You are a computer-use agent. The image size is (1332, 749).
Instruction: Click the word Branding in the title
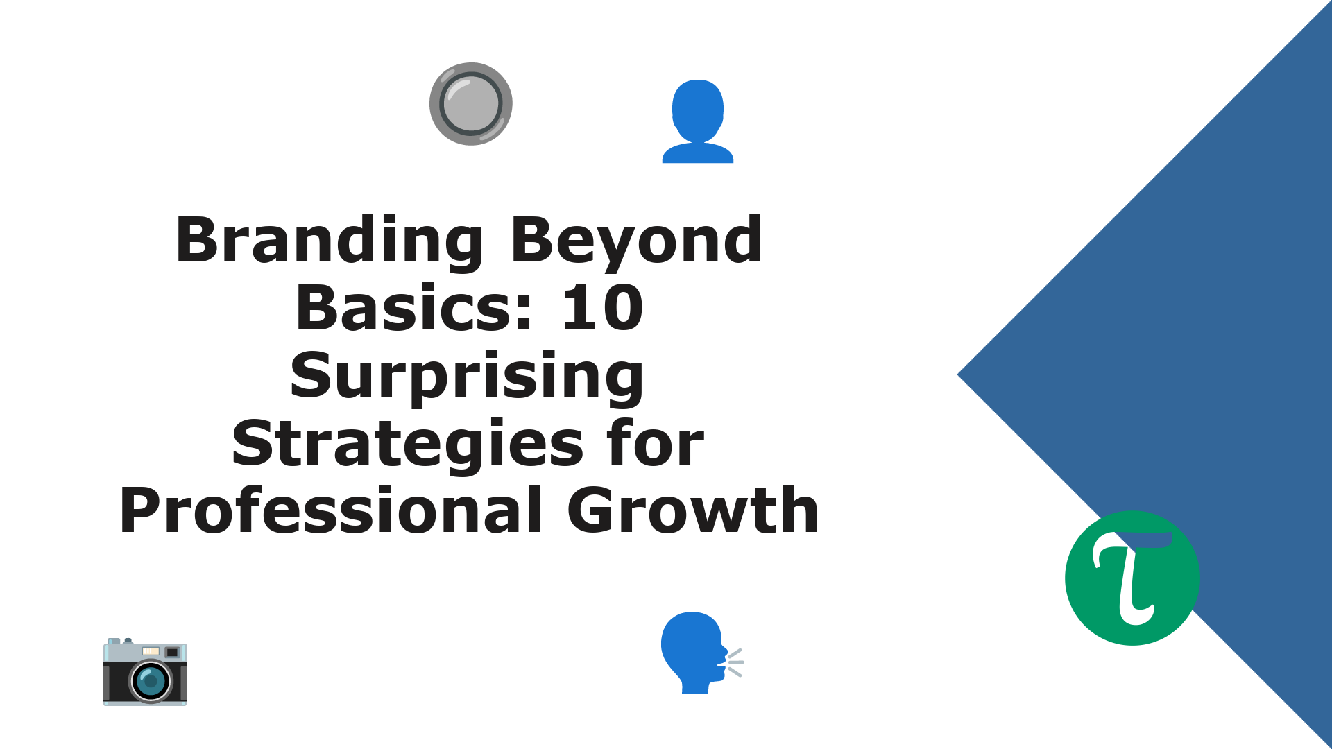[330, 241]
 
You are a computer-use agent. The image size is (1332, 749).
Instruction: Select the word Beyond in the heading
[637, 241]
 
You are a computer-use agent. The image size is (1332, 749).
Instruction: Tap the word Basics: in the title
[414, 308]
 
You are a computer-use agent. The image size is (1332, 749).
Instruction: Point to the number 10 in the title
[602, 308]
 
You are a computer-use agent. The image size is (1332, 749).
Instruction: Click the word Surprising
[467, 377]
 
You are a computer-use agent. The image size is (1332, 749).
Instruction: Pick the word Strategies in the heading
[408, 445]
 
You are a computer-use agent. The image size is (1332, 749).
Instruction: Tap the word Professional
[331, 510]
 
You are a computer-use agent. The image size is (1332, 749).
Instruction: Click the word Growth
[693, 510]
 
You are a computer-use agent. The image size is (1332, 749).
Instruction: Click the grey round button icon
[471, 104]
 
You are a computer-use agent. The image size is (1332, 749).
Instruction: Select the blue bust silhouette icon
[698, 121]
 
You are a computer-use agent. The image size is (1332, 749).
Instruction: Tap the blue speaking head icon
[701, 653]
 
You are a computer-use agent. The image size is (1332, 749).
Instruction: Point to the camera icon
[145, 671]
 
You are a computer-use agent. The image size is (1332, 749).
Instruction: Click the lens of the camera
[151, 681]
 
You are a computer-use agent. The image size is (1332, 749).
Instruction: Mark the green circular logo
[1132, 578]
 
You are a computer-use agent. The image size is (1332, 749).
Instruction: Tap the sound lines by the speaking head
[734, 662]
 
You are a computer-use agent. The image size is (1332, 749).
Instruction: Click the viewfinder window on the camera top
[172, 652]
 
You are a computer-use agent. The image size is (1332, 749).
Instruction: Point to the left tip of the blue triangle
[958, 374]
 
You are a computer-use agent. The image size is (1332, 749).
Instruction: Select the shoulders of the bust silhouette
[698, 153]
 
